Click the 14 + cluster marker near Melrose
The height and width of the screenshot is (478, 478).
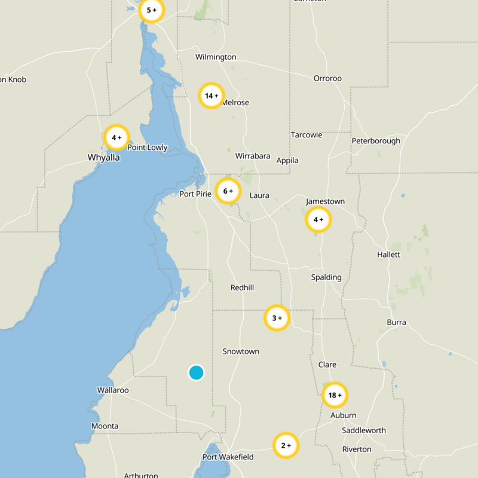point(211,96)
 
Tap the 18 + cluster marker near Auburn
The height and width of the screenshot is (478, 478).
point(335,395)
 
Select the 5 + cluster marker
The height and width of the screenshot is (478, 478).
point(151,10)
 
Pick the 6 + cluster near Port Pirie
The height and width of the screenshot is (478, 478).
point(228,191)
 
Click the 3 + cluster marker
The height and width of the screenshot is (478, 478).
point(277,318)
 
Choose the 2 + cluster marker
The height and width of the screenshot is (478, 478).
point(286,445)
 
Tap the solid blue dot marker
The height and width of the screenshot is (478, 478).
point(196,373)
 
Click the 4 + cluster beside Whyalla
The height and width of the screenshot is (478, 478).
point(116,137)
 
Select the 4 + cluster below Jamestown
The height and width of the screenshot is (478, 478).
point(318,220)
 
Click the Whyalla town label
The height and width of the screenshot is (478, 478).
point(104,158)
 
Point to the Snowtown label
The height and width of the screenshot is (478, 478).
point(241,351)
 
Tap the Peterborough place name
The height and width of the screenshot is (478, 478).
point(376,141)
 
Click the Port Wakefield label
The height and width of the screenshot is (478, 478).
point(228,457)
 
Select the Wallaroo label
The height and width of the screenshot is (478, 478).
point(113,390)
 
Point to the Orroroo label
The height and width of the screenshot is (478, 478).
point(327,78)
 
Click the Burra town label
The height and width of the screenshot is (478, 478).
point(396,323)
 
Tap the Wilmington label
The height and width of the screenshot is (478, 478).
point(216,57)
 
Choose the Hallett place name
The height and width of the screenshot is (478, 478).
point(388,255)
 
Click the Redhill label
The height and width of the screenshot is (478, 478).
point(242,287)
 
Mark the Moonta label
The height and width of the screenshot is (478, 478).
point(105,426)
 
